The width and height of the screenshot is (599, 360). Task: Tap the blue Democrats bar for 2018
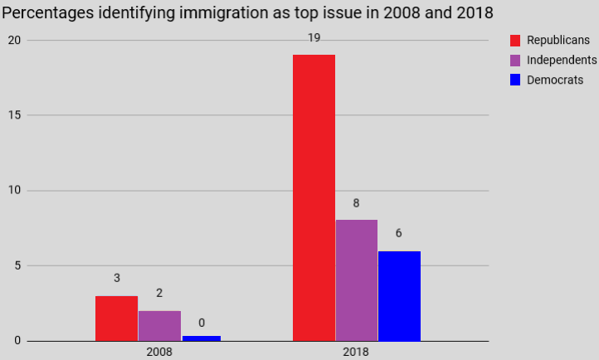tap(399, 295)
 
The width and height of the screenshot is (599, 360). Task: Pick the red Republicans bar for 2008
tap(116, 318)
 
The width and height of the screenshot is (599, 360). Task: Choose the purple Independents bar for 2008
tap(159, 325)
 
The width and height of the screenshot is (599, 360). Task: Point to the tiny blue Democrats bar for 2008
tap(202, 338)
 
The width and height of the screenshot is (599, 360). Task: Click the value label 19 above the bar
tap(314, 38)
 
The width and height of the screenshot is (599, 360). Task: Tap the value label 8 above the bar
tap(356, 202)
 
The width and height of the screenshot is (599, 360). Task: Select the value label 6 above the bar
tap(399, 233)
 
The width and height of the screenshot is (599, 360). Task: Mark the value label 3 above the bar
tap(117, 278)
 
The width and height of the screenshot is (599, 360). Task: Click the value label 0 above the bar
tap(202, 323)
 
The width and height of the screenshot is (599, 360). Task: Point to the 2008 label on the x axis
tap(158, 352)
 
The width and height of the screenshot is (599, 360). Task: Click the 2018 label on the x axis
tap(356, 352)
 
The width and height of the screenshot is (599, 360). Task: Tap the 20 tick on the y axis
tap(14, 40)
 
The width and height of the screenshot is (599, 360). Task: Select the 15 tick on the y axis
tap(14, 115)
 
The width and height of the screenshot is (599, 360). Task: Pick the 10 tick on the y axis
tap(14, 191)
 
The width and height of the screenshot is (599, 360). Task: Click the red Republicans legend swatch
tap(515, 41)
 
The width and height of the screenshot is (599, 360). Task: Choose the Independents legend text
tap(562, 61)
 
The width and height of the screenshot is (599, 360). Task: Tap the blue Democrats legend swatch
tap(515, 80)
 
